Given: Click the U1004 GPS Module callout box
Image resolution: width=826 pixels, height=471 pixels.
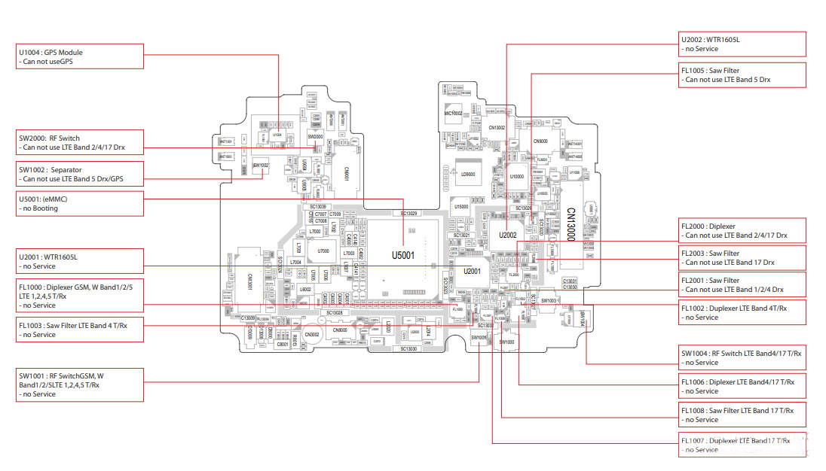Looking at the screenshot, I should coord(80,56).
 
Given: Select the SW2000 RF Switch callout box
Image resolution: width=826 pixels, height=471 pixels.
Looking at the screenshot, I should coord(80,142).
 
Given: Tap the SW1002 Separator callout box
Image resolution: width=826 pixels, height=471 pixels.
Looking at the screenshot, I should coord(80,175).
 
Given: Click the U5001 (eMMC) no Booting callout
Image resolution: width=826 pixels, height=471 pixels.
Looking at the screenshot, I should coord(80,203).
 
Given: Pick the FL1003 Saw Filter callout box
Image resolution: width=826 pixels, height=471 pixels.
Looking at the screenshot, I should coord(80,330).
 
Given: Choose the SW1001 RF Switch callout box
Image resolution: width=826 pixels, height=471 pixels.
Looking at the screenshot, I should coord(80,384).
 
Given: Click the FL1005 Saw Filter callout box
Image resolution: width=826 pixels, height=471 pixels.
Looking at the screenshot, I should coord(742,74).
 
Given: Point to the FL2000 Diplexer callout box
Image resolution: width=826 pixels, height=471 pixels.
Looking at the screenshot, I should coord(742,230).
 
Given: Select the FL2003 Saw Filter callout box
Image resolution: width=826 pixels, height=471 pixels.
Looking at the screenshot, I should coord(742,258).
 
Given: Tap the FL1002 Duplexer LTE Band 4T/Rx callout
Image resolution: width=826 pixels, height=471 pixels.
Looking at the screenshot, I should coord(742,312).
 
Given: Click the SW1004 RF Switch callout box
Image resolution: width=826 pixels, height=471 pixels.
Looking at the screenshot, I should coord(742,357).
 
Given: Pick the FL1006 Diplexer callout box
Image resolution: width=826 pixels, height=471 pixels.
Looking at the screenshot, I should coord(742,386).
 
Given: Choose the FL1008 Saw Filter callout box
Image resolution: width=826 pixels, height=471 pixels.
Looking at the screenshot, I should coord(742,415).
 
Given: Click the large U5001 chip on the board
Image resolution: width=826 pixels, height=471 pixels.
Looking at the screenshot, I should coord(403,256).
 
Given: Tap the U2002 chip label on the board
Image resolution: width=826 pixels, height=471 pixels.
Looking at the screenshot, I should coord(508,235).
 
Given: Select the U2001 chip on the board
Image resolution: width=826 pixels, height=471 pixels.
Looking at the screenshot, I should coord(473,271).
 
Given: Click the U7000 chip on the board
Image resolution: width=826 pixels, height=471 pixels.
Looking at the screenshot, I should coord(324,251).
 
